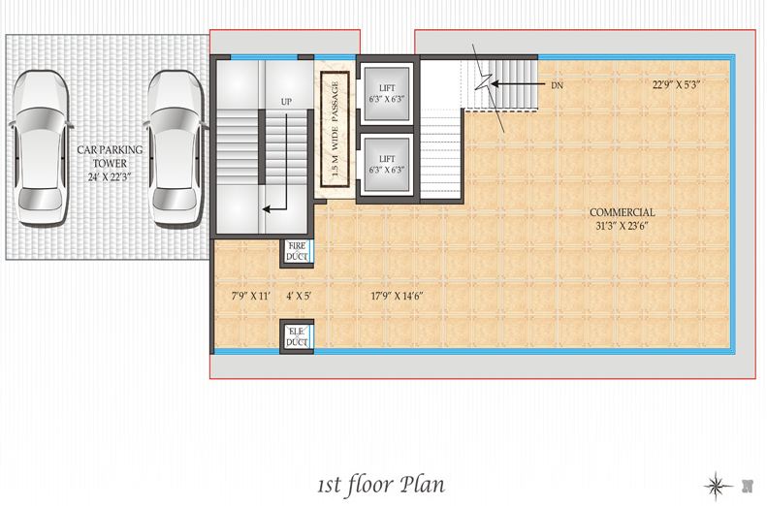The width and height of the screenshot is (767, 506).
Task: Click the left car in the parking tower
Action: (40, 148)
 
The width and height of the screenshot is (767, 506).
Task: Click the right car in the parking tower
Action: (176, 148)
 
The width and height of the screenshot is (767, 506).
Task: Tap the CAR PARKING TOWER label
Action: (111, 156)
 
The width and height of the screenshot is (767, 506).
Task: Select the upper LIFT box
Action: (387, 93)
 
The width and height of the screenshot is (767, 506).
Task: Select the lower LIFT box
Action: (387, 165)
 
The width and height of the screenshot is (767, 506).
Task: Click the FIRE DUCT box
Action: (297, 251)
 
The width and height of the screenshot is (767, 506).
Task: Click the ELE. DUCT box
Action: (297, 336)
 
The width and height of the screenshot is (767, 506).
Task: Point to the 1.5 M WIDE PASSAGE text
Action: (336, 129)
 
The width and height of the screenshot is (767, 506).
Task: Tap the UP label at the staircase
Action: (286, 101)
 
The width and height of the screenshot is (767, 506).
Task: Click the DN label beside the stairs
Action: (558, 85)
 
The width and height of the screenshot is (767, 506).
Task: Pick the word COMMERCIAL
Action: (623, 212)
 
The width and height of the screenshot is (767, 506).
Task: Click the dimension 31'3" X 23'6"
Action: (623, 227)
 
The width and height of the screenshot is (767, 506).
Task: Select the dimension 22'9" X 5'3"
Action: (676, 84)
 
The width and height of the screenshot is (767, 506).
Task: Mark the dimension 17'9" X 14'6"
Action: (398, 296)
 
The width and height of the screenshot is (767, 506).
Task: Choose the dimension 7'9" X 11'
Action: (250, 296)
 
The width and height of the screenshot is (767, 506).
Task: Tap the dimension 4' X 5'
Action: (299, 296)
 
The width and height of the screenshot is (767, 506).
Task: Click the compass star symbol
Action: (718, 486)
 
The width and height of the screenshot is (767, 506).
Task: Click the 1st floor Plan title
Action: (381, 485)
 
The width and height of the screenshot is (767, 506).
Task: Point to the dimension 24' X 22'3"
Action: (111, 177)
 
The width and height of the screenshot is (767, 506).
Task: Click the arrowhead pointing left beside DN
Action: (495, 84)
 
